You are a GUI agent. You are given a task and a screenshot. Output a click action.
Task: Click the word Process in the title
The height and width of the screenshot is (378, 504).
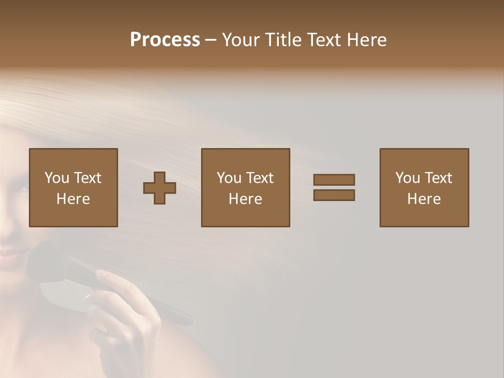tap(165, 40)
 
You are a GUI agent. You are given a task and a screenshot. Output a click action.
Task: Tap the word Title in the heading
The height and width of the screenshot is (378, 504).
tap(281, 40)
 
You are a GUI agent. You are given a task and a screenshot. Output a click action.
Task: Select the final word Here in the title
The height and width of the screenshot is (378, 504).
tap(367, 40)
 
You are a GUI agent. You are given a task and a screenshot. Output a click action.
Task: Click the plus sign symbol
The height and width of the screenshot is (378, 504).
tap(160, 188)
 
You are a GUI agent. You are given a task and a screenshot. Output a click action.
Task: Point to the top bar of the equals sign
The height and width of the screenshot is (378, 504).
tap(334, 180)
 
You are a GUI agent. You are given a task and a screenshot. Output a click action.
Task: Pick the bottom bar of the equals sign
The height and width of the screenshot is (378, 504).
tap(334, 195)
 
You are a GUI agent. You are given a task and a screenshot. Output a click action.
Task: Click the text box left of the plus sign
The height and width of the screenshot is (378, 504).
tap(73, 187)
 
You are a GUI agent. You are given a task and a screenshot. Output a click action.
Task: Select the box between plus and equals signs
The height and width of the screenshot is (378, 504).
tap(246, 187)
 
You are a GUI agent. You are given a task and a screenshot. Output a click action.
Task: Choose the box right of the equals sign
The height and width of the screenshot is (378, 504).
tap(424, 187)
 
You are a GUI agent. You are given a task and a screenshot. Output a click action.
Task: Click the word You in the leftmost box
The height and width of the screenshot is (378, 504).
tap(57, 178)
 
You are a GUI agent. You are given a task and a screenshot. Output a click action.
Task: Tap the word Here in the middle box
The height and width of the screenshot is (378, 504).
tap(246, 199)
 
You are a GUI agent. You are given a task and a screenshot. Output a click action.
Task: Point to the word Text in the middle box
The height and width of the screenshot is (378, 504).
tap(260, 178)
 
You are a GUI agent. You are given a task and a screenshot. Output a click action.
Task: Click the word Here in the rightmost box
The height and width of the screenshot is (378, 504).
tap(424, 199)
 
